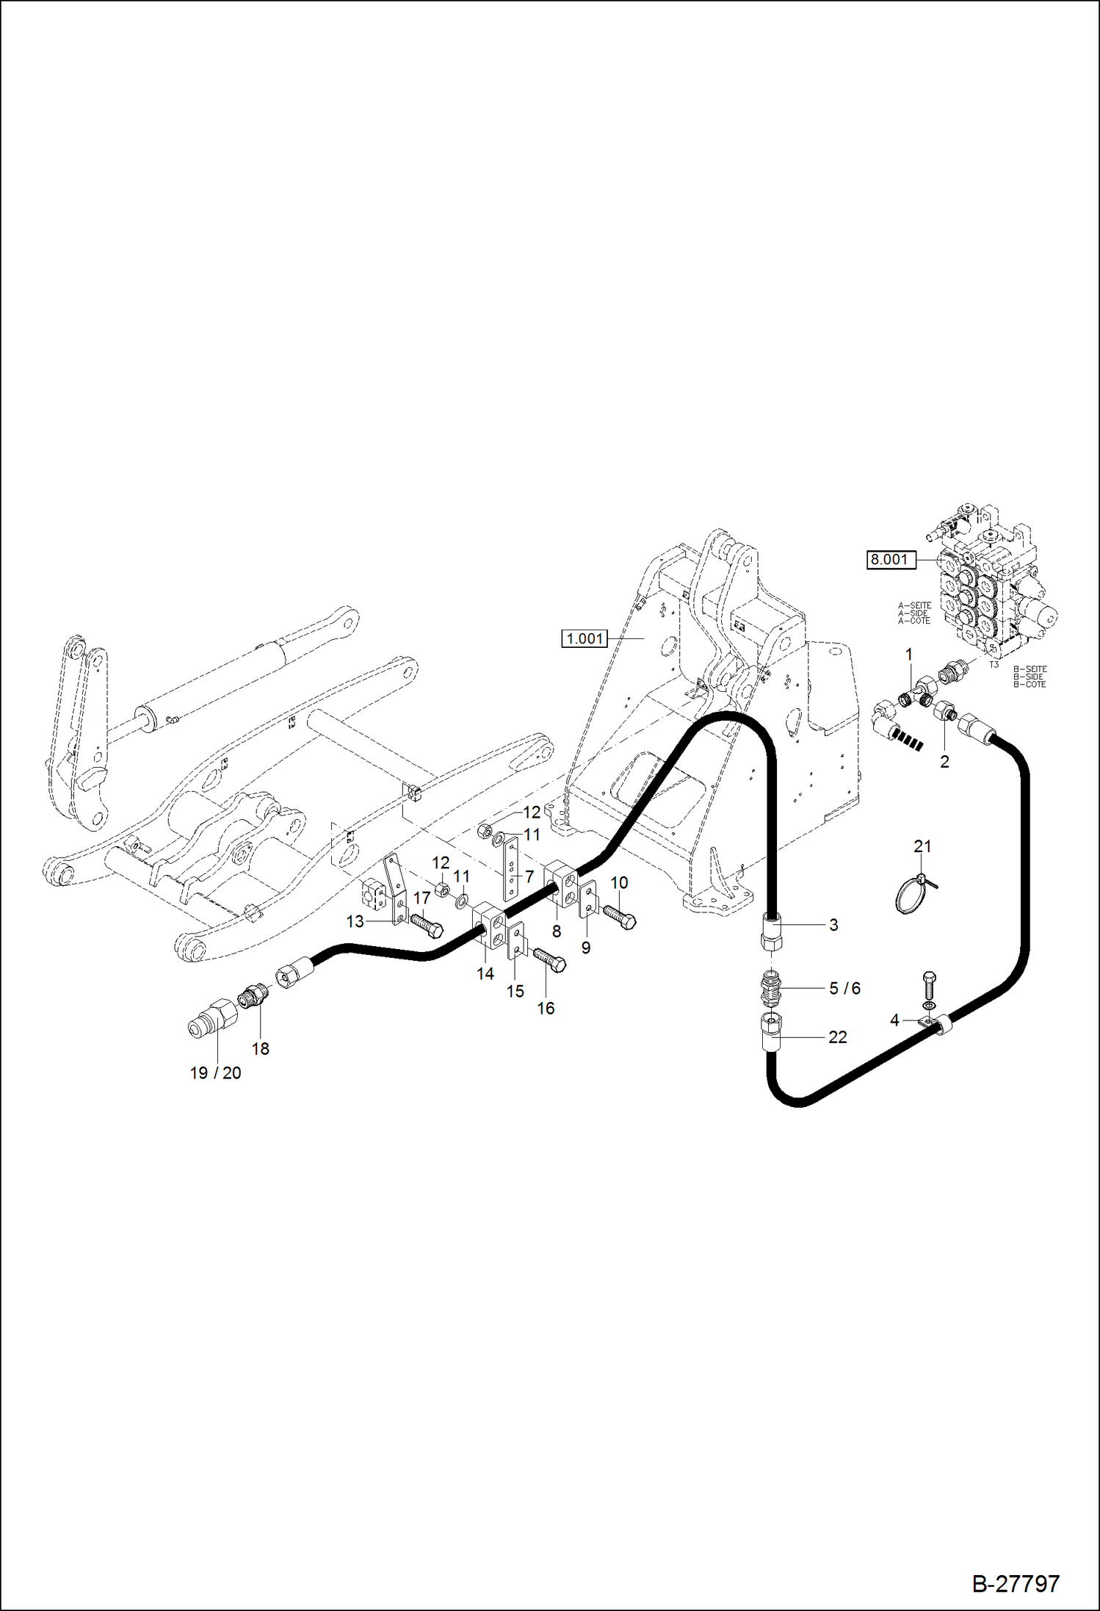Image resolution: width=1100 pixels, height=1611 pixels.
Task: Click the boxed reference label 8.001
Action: point(889,560)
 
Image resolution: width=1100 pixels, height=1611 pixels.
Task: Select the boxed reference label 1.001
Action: point(585,639)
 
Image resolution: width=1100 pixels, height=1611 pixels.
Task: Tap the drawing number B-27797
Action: point(1016,1583)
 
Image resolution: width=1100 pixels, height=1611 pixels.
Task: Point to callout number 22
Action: point(837,1037)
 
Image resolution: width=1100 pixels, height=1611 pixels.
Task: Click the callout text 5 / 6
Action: point(844,989)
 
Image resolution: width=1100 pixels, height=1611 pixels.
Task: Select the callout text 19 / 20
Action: point(215,1073)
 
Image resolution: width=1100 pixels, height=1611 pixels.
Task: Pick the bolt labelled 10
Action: point(620,915)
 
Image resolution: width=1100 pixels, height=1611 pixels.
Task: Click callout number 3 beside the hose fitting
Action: point(833,925)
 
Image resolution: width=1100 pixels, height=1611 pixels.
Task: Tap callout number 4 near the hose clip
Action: point(894,1020)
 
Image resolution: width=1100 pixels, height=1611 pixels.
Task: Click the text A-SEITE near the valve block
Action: point(914,606)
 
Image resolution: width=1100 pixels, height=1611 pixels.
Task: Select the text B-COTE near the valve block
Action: point(1030,685)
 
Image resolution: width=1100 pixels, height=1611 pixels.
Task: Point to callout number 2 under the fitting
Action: point(944,762)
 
